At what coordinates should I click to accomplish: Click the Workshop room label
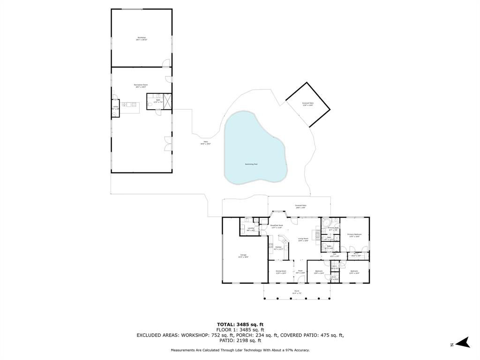tap(142, 38)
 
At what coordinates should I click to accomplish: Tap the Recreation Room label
tap(141, 86)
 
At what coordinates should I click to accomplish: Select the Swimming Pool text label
tap(251, 164)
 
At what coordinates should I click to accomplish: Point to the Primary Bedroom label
tap(354, 235)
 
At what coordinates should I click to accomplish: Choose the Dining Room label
tap(281, 272)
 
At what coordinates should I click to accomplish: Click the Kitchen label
tap(278, 248)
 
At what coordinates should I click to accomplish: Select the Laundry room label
tap(251, 229)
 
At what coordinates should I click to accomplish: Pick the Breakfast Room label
tap(277, 226)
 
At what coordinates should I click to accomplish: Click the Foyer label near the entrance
tap(300, 272)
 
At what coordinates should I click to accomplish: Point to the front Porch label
tap(297, 292)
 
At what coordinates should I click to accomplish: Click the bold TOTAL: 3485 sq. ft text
tap(240, 324)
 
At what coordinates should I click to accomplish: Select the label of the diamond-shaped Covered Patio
tap(307, 104)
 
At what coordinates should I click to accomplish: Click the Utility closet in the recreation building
tap(115, 107)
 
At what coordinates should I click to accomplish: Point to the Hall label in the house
tap(334, 255)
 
